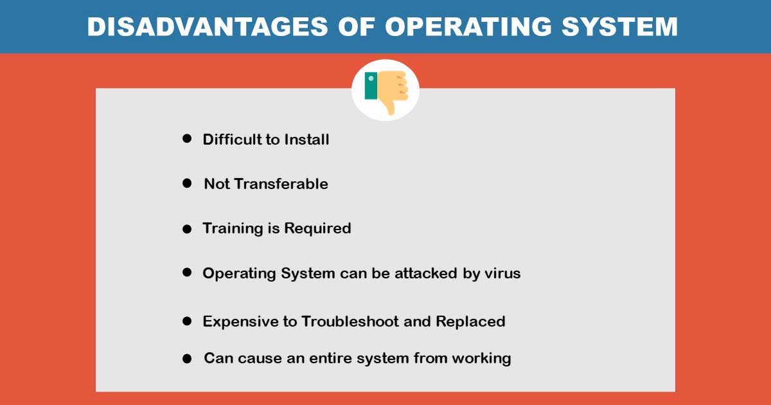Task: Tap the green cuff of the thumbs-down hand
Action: pos(371,85)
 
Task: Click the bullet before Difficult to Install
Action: pos(187,139)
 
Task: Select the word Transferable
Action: pos(281,184)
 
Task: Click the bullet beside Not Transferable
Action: pos(187,184)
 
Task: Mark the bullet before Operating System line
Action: pos(187,273)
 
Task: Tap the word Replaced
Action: pos(470,321)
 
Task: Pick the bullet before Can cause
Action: pos(187,359)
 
